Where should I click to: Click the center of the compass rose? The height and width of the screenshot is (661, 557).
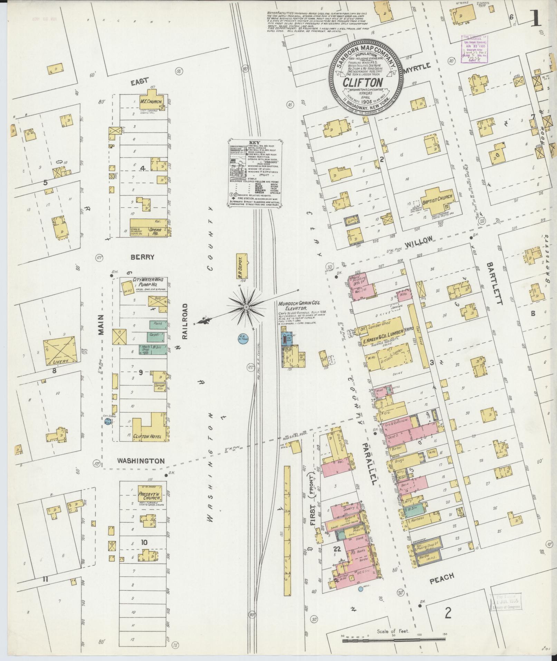pyautogui.click(x=246, y=307)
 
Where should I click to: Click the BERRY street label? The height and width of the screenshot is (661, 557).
pyautogui.click(x=142, y=257)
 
